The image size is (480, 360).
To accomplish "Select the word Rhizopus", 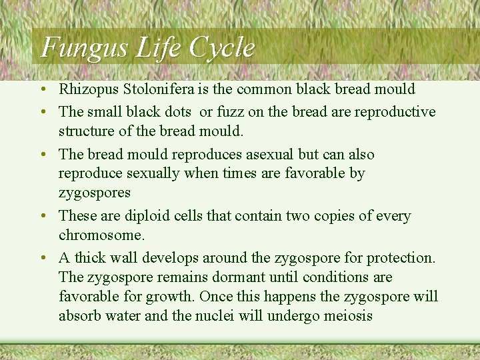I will (87, 89).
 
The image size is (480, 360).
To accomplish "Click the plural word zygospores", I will (95, 193).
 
